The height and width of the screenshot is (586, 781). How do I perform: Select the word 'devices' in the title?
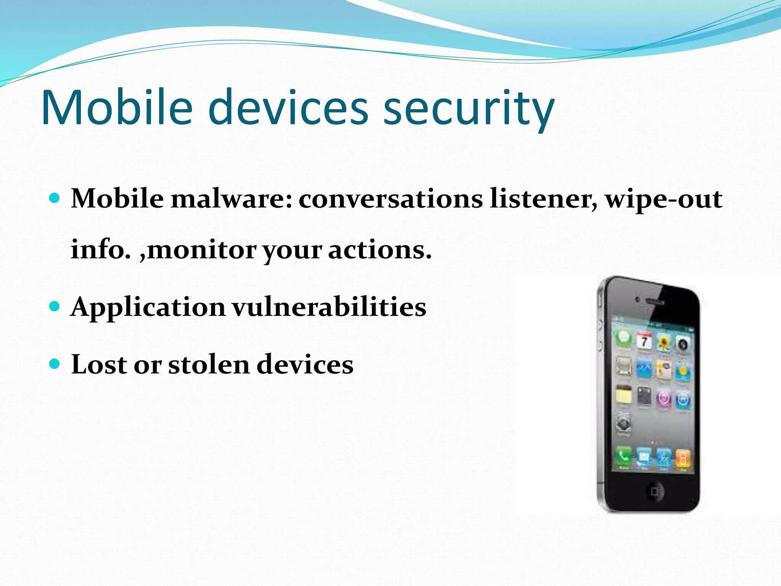pos(288,108)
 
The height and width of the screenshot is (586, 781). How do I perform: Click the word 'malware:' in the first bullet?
pos(231,199)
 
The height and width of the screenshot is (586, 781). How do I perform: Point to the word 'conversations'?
pos(390,199)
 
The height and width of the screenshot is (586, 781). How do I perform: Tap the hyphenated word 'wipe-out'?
pos(664,199)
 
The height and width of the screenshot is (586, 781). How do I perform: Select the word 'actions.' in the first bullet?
pos(380,250)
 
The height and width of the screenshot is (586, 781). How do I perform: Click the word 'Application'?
pos(148,307)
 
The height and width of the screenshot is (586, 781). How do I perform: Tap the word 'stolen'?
pos(209,365)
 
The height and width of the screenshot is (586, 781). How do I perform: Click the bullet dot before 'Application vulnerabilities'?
pos(55,306)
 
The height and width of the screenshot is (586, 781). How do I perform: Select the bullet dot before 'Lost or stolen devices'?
pos(55,363)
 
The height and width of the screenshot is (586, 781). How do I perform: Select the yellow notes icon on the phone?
pos(624,394)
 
